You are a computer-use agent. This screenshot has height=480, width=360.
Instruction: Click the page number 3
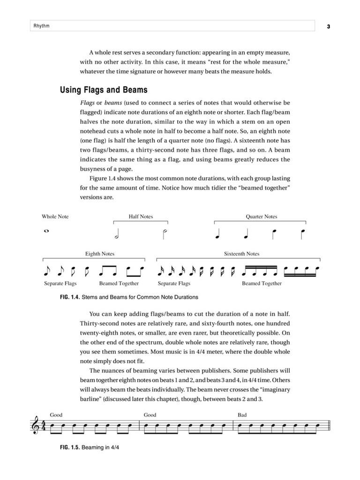point(329,26)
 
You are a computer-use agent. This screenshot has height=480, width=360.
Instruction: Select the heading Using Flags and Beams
point(104,90)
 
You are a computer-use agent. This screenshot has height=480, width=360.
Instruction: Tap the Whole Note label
point(55,217)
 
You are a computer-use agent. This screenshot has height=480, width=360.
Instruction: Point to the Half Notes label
point(141,217)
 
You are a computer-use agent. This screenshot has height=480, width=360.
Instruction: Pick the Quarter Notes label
point(261,217)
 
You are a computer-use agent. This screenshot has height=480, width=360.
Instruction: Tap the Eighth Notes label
point(99,254)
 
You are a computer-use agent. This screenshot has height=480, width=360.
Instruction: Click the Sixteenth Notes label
point(241,254)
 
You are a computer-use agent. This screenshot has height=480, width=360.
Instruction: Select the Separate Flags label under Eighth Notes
point(60,283)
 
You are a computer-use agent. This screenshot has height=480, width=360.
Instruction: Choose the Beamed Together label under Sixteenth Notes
point(262,283)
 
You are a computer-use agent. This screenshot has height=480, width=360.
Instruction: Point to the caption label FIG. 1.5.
point(69,448)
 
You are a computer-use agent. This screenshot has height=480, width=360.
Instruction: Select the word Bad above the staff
point(242,415)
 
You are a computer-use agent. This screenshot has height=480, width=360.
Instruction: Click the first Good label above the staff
point(56,415)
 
